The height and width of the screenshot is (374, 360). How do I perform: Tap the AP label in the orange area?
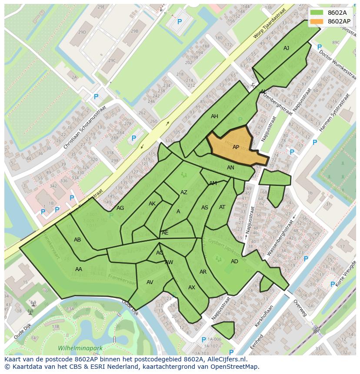tap(236, 147)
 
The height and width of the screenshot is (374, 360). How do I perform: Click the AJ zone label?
tap(286, 48)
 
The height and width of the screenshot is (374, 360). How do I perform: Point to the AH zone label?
tap(214, 116)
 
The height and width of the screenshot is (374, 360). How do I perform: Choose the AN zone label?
tap(230, 168)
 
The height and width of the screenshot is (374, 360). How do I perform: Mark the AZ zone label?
tap(184, 192)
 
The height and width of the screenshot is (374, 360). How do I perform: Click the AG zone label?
tap(120, 208)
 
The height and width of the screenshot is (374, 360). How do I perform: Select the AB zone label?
tap(77, 240)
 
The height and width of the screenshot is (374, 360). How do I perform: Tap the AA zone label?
tap(79, 269)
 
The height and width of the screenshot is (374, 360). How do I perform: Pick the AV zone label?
tap(150, 282)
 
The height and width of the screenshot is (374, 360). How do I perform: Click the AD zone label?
tap(234, 261)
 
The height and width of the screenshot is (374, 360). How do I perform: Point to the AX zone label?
tap(192, 288)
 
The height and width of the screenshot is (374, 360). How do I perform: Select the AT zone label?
tap(222, 207)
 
